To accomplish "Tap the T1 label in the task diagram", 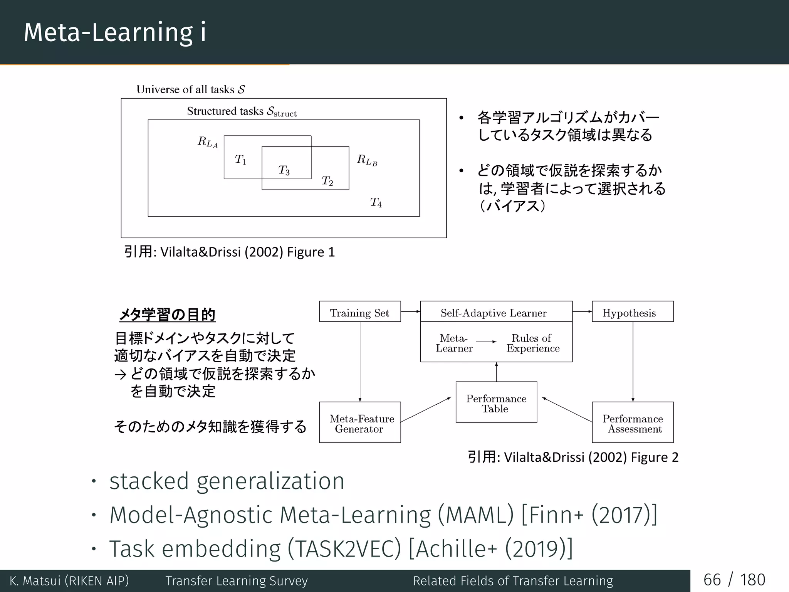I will pos(240,159).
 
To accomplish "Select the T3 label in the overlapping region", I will pos(284,170).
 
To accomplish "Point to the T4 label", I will pos(376,202).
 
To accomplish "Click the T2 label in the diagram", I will pos(327,181).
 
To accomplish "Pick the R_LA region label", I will pos(208,142).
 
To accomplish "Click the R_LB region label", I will pos(367,160).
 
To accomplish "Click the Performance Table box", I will pos(496,402).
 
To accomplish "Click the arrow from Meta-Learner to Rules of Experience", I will pos(486,342).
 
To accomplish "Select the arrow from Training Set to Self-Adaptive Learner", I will pos(410,311).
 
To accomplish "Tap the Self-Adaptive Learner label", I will pos(494,313).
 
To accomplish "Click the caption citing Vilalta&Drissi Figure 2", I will pos(572,457).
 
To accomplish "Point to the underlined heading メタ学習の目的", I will pos(167,314).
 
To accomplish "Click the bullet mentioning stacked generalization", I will pos(227,481).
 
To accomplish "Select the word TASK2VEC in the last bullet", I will pos(344,549).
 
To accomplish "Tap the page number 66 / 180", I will pos(734,580).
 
